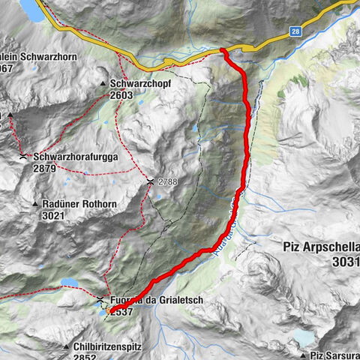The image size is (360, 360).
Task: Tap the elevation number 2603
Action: click(x=121, y=95)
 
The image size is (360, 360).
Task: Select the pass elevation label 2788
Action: click(x=169, y=181)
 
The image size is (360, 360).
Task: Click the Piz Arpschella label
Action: click(x=322, y=247)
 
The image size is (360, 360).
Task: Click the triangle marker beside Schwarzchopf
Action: click(x=103, y=83)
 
